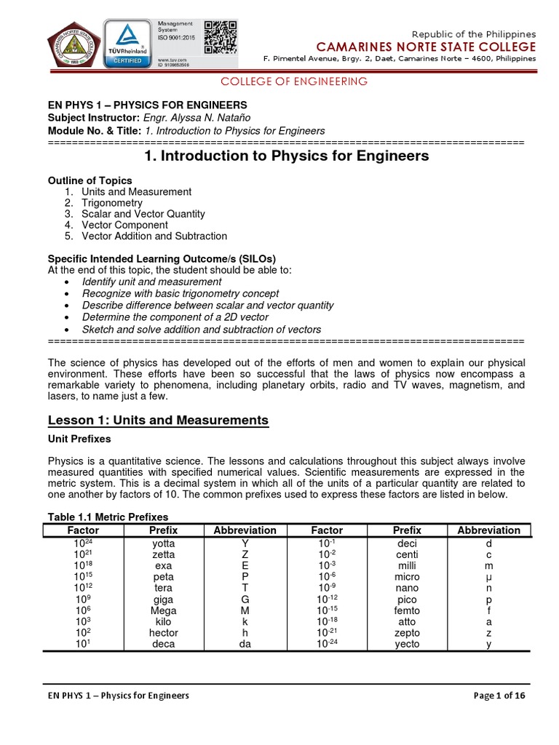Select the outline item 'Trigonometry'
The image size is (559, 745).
(x=112, y=203)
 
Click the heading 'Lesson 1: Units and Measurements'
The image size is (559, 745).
(x=158, y=421)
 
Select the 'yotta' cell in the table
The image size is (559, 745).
(x=163, y=543)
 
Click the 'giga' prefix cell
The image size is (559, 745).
(x=163, y=599)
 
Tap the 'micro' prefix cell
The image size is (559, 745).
(x=407, y=577)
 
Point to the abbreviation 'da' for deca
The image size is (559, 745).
(x=245, y=644)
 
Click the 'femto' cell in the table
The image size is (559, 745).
(x=407, y=610)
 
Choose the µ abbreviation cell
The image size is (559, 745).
(x=488, y=577)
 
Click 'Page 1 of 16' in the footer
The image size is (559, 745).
(x=499, y=696)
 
